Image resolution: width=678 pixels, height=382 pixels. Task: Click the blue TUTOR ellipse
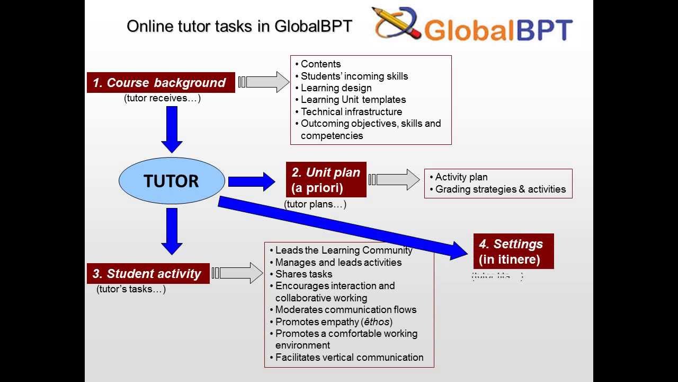tap(172, 181)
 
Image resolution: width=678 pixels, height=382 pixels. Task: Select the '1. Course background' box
tap(160, 83)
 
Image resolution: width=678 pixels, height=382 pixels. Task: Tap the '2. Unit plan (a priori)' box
tap(326, 180)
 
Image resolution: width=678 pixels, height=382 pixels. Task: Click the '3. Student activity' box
tap(148, 274)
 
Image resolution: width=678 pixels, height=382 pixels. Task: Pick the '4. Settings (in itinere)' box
tap(513, 251)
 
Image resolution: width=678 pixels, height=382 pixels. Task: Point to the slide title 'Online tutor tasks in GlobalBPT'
tap(239, 26)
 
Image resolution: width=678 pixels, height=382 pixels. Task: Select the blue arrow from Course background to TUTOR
tap(172, 129)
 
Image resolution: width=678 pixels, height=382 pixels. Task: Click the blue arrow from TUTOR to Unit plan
tap(251, 181)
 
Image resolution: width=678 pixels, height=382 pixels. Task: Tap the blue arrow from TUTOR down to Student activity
tap(172, 231)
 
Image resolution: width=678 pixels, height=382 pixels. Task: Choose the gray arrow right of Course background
tap(264, 82)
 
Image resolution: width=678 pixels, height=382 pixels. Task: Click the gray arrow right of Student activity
tap(238, 273)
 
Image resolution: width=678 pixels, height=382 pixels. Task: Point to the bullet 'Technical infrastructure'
tap(351, 111)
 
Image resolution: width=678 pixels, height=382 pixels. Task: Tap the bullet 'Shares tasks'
tap(304, 274)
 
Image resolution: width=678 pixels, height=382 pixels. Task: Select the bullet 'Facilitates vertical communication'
tap(349, 358)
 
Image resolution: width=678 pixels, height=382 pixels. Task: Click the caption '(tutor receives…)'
tap(162, 98)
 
